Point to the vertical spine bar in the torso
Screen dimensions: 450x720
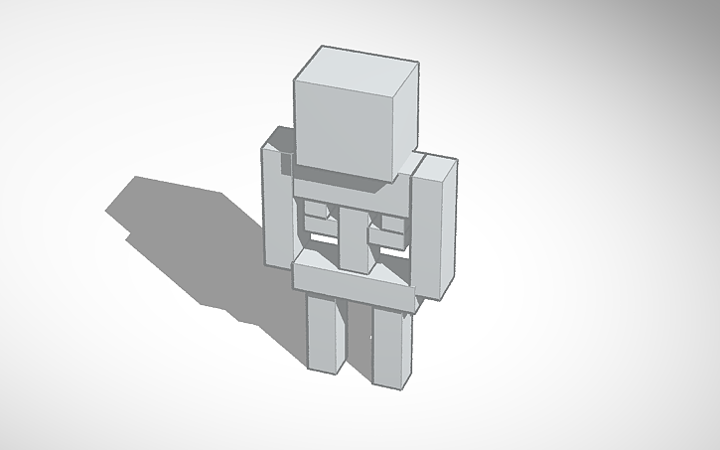point(353,233)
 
